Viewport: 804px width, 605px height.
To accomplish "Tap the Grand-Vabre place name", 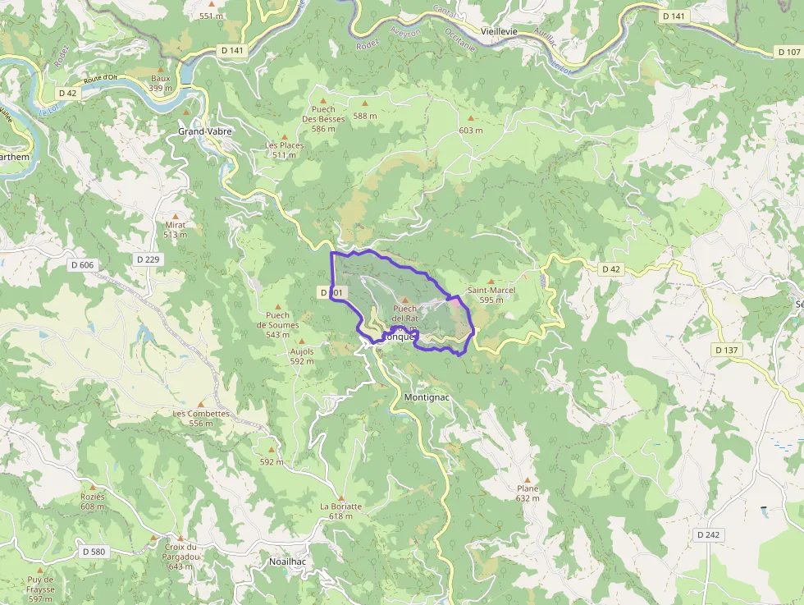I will tap(205, 131).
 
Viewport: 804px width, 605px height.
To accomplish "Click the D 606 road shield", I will tap(83, 265).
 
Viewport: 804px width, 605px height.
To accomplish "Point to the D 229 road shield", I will tap(149, 259).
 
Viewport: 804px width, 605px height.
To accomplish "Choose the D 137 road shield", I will tap(727, 350).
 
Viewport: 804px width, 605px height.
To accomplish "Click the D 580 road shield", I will tap(94, 552).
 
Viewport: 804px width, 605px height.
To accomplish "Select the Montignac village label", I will tap(427, 397).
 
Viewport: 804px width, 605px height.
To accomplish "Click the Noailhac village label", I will tap(288, 561).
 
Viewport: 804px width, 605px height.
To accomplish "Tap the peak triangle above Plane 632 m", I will tap(528, 479).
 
